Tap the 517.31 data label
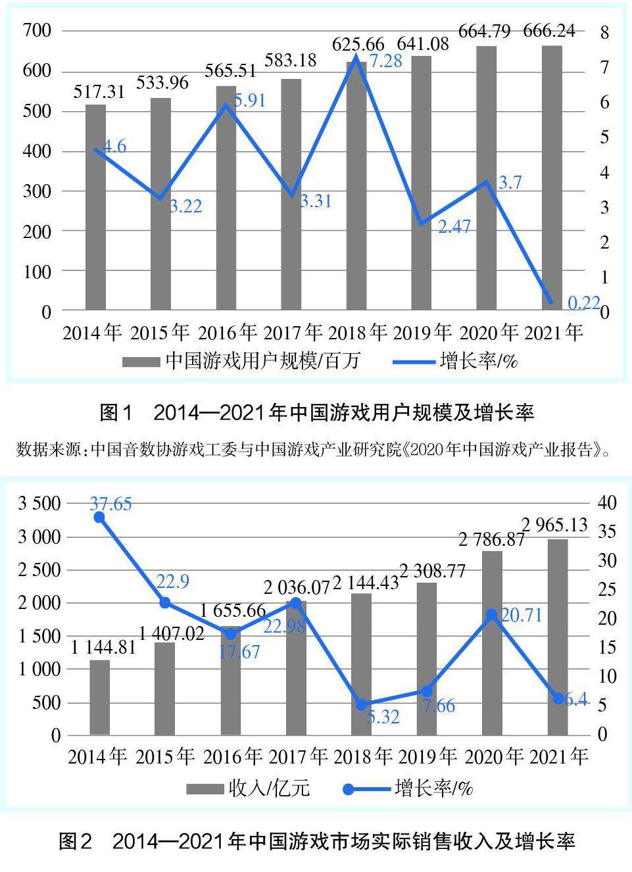[x=99, y=91]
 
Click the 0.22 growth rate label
[x=584, y=303]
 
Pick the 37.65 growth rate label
[x=110, y=504]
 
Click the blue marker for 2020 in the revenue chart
[x=491, y=615]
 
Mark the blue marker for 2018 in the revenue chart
[x=361, y=705]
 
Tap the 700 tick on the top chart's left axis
[x=37, y=30]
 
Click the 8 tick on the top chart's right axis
[x=604, y=32]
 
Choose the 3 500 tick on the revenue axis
[x=39, y=504]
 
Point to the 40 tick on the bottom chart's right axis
[x=607, y=503]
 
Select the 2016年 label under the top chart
[x=227, y=333]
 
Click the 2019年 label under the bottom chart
[x=427, y=757]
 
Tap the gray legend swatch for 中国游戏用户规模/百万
[x=141, y=361]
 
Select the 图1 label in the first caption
[x=116, y=413]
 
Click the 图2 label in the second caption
[x=75, y=841]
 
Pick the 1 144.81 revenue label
[x=103, y=647]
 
